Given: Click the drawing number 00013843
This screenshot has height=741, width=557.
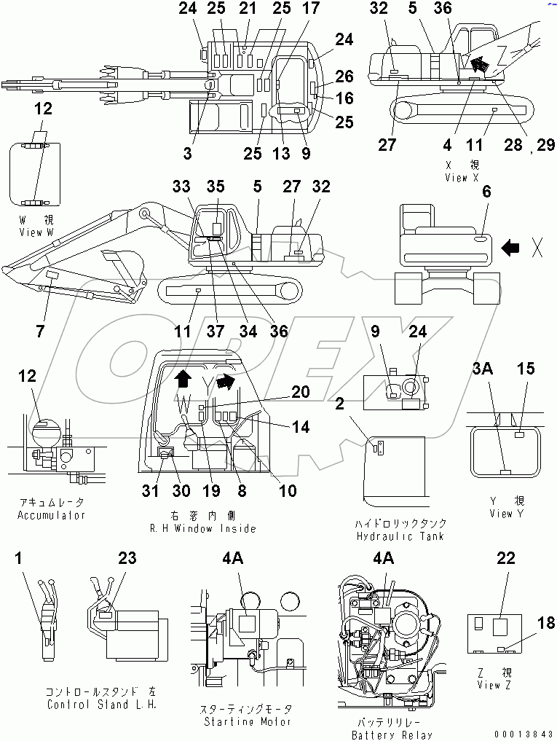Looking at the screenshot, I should tap(518, 734).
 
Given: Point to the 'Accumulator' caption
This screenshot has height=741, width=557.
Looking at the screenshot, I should tap(51, 515).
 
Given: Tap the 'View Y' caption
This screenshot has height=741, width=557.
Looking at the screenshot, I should tap(501, 514).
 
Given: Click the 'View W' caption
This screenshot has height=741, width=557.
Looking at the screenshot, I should tap(37, 232).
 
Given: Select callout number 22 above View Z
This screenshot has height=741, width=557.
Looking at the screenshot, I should tap(506, 558).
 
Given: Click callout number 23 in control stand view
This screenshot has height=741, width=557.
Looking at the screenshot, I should tap(127, 558).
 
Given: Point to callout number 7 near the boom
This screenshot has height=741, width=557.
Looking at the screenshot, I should tap(39, 332).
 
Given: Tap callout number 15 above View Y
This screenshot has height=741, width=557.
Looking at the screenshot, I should tap(526, 369).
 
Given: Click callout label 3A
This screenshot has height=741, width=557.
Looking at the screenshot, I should tap(483, 369).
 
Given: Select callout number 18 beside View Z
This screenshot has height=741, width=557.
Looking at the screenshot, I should tap(546, 623).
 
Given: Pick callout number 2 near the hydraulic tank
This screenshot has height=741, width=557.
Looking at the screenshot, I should tap(339, 403).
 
